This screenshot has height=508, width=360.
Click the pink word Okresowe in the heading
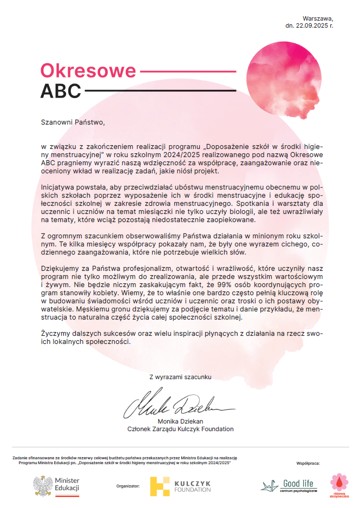coord(88,71)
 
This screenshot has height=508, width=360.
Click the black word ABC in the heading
coord(60,90)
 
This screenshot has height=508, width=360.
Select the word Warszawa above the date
coord(318,18)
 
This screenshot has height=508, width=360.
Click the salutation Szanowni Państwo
coord(71,122)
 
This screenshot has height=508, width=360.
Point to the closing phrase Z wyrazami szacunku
coord(180,376)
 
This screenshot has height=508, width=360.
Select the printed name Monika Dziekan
coord(180,421)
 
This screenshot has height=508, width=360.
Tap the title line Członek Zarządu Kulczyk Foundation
coord(180,429)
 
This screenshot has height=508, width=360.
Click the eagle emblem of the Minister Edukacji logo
coord(43,485)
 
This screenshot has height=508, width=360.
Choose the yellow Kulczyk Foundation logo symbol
coord(160,486)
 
